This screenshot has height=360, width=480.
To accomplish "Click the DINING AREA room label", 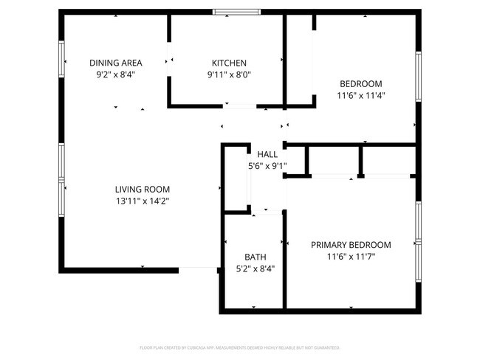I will [116, 63].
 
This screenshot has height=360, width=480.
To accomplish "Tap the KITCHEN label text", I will [229, 63].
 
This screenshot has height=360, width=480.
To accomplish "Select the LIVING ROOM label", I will [143, 189].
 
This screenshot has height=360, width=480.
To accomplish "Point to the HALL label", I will [267, 154].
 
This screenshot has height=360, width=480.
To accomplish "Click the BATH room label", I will [256, 257].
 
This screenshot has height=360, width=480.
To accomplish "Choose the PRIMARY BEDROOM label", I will [351, 245].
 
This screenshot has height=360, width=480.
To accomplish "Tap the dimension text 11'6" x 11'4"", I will [361, 95].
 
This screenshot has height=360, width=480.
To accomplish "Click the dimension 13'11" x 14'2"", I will [143, 201].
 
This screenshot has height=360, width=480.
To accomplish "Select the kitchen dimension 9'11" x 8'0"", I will [229, 75].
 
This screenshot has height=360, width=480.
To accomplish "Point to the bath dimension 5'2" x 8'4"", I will [256, 269].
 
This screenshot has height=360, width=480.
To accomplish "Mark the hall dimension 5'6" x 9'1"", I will [267, 166].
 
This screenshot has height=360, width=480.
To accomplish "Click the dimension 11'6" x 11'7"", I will [351, 257].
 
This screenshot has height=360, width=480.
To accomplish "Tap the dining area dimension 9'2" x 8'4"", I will [116, 75].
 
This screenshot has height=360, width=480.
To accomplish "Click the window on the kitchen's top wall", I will [236, 12].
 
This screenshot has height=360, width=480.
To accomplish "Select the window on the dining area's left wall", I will [62, 64].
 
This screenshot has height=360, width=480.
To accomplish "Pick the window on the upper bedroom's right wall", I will [418, 76].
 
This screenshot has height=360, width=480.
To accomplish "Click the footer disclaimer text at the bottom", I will [240, 347].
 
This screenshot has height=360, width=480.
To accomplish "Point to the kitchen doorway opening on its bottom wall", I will [240, 106].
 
